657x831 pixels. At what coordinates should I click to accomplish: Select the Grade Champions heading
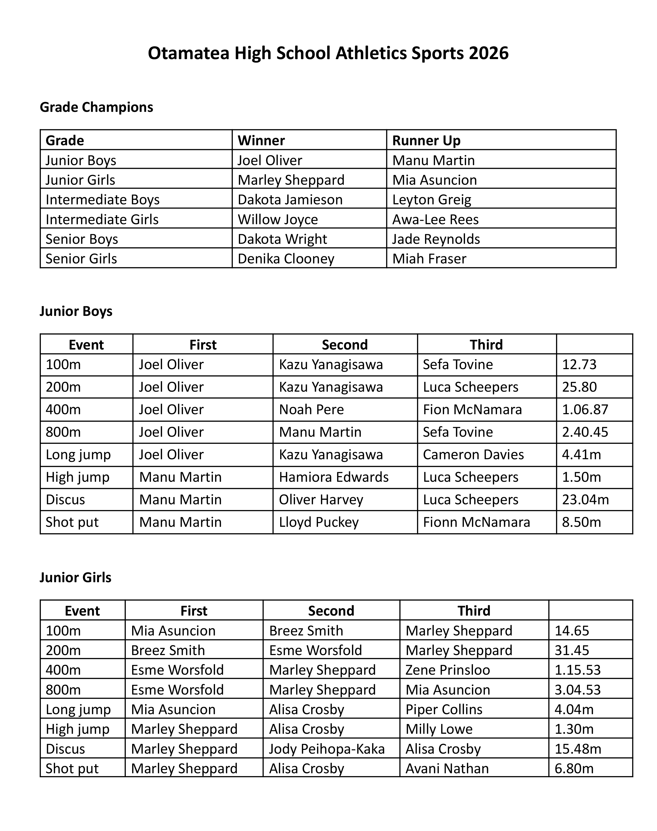coord(96,107)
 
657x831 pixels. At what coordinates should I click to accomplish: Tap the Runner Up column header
coord(426,140)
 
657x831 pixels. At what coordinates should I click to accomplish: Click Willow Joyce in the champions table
coord(278,219)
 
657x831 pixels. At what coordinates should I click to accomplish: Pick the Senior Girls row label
coord(81,259)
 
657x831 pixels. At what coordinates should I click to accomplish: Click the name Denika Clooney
coord(286,259)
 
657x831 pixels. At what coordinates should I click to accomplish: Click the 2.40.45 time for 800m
coord(585,432)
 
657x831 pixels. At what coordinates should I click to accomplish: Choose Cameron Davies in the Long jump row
coord(473,454)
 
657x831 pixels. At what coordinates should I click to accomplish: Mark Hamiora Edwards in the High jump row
coord(333,477)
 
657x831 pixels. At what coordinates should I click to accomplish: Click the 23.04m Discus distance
coord(586,500)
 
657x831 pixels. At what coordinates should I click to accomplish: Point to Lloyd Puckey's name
coord(319,522)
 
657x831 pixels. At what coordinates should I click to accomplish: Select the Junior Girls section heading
coord(75,577)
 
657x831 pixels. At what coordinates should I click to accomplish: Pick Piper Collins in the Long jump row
coord(444,709)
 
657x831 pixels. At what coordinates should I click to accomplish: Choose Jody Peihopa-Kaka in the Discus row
coord(327,749)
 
